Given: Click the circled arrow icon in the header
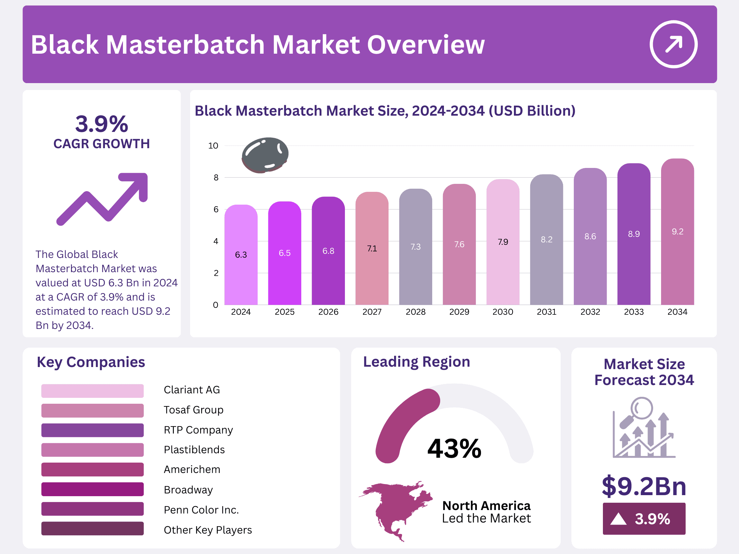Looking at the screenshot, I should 673,44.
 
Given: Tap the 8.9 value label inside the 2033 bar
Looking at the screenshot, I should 634,234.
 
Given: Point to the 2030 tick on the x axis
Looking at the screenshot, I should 503,312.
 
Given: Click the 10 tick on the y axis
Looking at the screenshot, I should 213,146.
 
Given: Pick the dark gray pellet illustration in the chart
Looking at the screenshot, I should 265,155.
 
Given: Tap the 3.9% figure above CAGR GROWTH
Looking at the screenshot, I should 102,124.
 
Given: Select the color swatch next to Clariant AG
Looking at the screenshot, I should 92,391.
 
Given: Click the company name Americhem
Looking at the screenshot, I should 192,470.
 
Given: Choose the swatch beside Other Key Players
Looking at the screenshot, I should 92,529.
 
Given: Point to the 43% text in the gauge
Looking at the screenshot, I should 454,449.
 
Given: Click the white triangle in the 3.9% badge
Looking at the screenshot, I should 618,519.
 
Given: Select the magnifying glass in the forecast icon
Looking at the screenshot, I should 641,409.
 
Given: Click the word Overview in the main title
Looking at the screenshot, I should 426,45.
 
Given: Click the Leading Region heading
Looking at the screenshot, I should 416,362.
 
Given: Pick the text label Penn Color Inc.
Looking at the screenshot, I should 201,510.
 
